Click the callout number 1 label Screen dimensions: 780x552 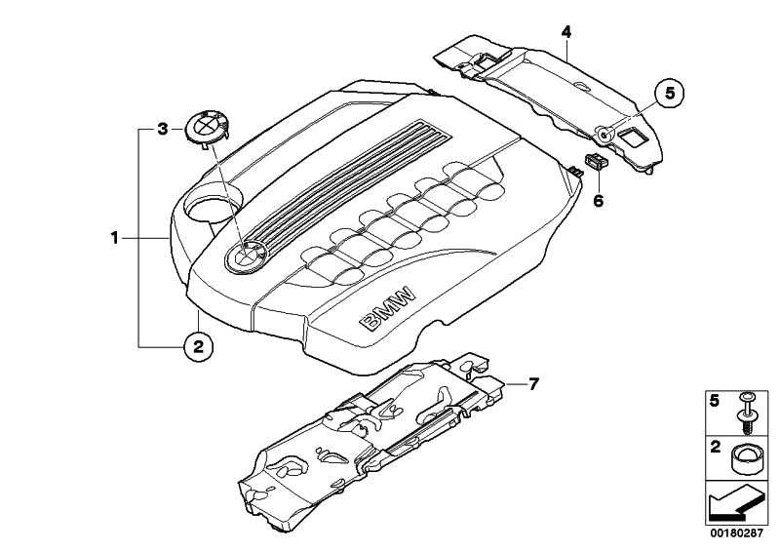pos(115,238)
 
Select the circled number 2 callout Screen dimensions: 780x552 pos(199,346)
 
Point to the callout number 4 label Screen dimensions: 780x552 pos(566,33)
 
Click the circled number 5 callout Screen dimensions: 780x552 pos(669,94)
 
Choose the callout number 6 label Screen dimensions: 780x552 pos(599,201)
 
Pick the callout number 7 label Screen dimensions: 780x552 pos(533,383)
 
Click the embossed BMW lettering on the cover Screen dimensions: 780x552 pos(387,308)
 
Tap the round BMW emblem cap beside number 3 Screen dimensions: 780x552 pos(207,128)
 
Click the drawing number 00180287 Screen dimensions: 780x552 pos(736,533)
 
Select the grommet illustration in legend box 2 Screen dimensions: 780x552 pos(746,461)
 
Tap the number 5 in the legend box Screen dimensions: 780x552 pos(715,401)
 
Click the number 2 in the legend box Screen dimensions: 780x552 pos(715,447)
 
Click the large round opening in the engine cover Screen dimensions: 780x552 pos(213,205)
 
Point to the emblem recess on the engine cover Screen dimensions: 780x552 pos(246,256)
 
